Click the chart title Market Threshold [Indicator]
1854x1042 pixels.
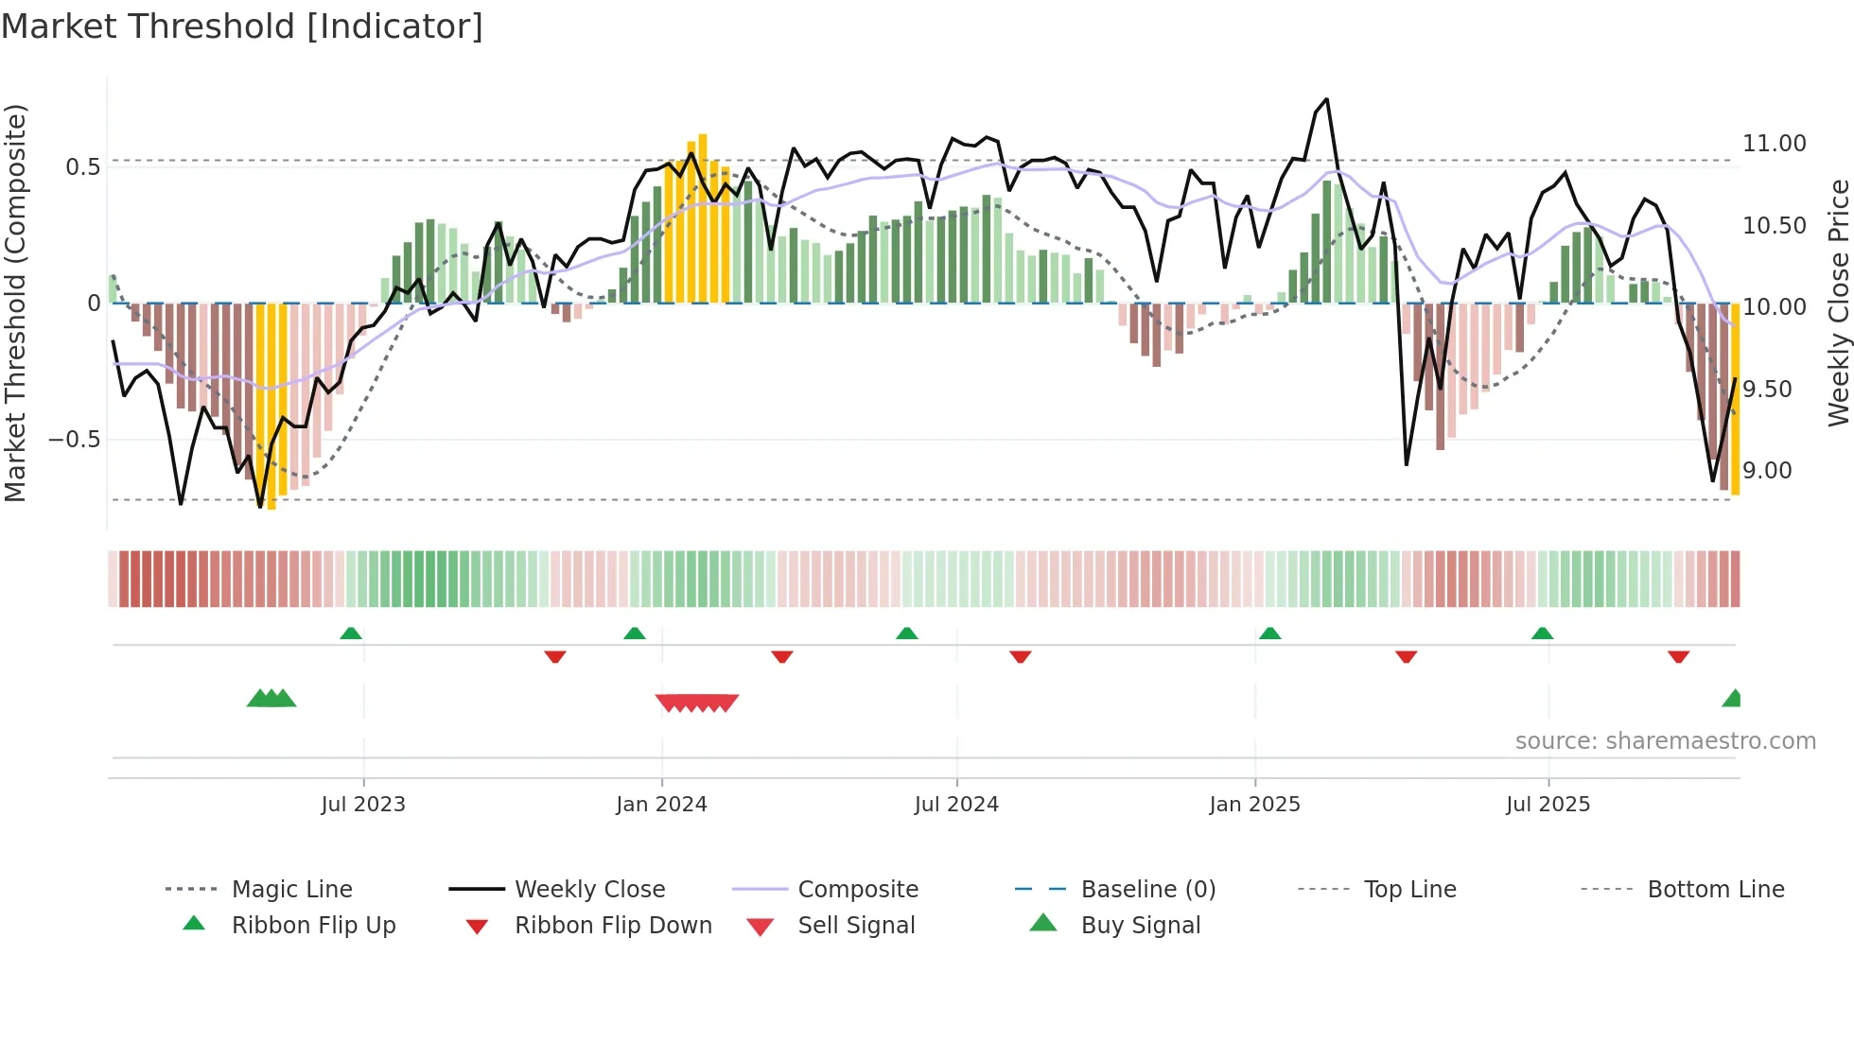242,26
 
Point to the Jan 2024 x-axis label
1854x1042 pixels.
661,805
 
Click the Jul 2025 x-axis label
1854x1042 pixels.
1548,805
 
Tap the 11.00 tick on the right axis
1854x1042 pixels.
1774,144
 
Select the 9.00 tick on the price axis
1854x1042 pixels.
1767,471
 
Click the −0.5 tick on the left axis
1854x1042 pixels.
75,440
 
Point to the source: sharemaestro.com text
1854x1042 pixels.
1665,741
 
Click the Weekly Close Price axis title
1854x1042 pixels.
1838,303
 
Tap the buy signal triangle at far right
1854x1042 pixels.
1733,699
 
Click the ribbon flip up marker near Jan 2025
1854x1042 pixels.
1269,634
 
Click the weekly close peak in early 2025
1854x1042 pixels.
1326,99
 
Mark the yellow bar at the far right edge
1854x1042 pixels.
1735,397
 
